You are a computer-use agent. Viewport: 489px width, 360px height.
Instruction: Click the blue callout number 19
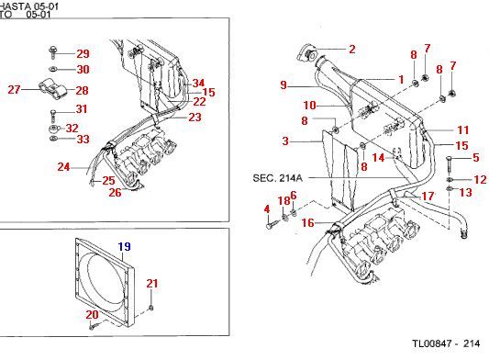(x=124, y=247)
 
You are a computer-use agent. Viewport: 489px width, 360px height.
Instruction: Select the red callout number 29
(x=83, y=53)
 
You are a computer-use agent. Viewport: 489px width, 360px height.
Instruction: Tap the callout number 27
(x=14, y=90)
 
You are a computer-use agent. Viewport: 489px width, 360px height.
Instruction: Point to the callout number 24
(x=63, y=167)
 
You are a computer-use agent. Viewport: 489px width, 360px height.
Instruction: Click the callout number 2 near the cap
(x=352, y=49)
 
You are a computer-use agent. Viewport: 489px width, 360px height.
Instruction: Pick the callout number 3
(x=285, y=141)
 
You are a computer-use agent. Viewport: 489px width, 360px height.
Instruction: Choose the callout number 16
(x=308, y=222)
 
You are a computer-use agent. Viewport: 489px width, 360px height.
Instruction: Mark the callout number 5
(x=475, y=157)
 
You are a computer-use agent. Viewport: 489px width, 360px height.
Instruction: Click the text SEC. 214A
(x=278, y=178)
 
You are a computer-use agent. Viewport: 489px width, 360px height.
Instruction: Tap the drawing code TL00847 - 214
(x=446, y=343)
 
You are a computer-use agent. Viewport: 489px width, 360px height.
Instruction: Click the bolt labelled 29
(x=53, y=52)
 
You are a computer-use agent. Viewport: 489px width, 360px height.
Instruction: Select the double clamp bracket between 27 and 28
(x=52, y=90)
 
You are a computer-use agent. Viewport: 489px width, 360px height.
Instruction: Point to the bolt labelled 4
(x=272, y=224)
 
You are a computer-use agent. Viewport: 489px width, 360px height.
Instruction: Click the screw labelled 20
(x=94, y=327)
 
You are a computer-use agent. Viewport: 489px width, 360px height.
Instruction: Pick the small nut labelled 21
(x=151, y=309)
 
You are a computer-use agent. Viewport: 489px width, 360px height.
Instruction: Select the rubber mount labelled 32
(x=54, y=129)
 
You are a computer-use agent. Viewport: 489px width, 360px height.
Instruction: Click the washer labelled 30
(x=52, y=69)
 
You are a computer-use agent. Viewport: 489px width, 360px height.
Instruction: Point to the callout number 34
(x=198, y=83)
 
